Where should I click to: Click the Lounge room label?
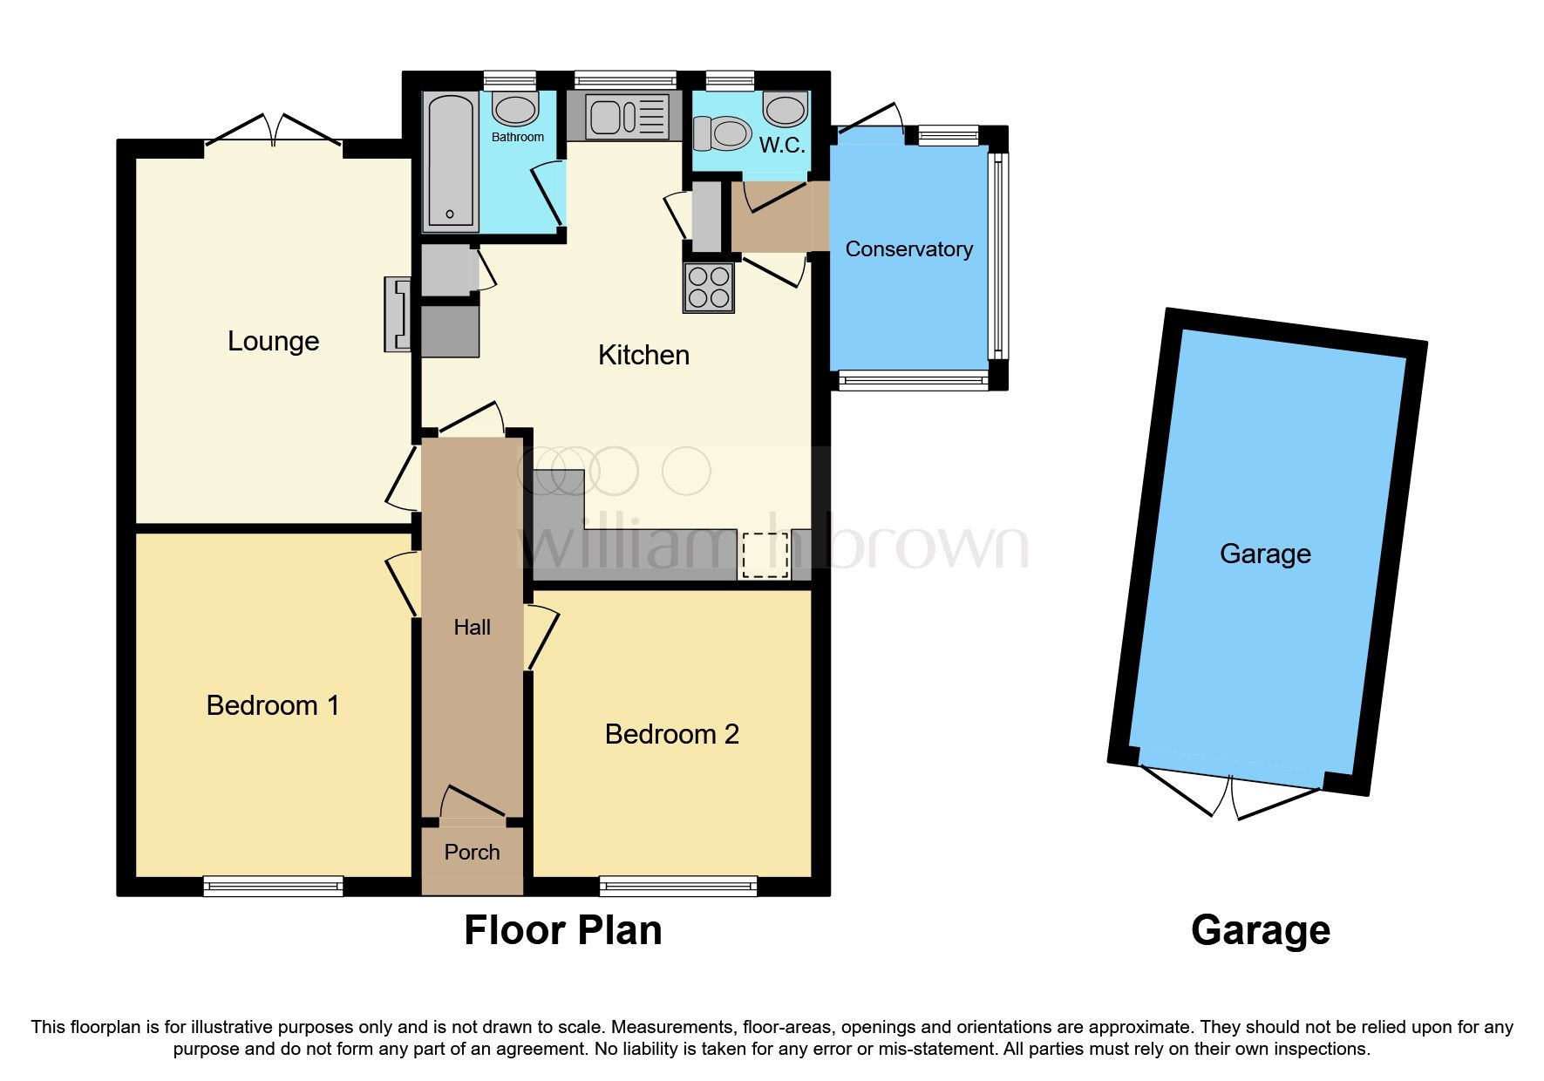point(273,341)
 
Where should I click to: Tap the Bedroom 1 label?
point(272,705)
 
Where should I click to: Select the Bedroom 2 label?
point(671,734)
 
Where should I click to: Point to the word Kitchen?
point(643,355)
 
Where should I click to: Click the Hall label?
point(472,627)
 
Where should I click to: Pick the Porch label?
point(472,852)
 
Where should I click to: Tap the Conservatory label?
point(908,249)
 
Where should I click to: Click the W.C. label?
point(781,145)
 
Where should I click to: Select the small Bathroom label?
point(517,137)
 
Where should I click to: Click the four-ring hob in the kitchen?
point(708,288)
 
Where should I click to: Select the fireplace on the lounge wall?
point(398,314)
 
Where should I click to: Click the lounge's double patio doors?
point(274,131)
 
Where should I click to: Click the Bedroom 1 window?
point(273,886)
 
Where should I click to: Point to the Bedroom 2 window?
point(677,886)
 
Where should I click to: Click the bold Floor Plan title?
point(562,930)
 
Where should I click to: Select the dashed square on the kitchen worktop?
point(764,555)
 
